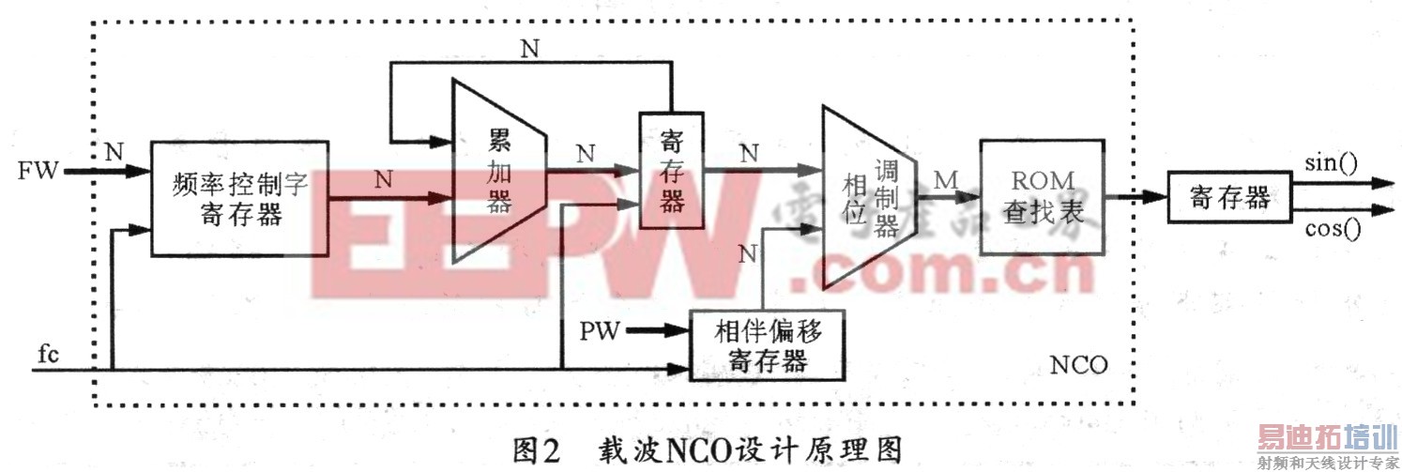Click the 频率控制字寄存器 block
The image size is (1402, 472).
(x=239, y=198)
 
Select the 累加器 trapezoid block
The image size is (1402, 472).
(x=498, y=173)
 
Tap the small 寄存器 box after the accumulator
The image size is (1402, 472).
(x=670, y=170)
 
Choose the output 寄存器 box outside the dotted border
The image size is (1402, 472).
(x=1229, y=197)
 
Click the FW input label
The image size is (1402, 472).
(x=38, y=171)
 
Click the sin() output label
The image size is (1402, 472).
(x=1332, y=164)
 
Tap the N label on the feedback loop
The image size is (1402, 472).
(x=530, y=50)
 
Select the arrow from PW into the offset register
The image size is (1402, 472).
(x=659, y=329)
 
